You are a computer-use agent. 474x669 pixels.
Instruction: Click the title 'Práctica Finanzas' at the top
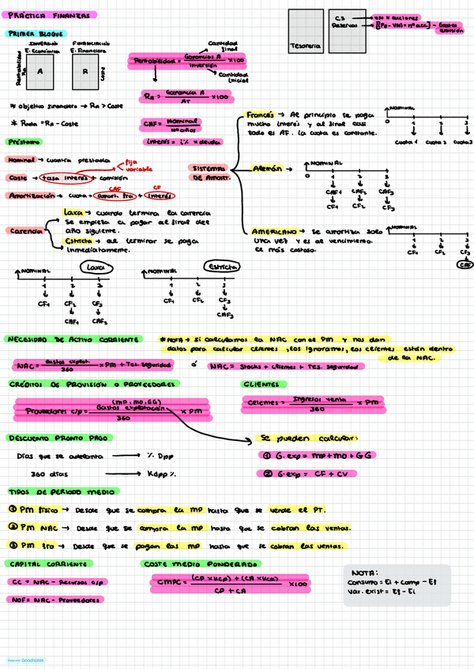[x=51, y=15]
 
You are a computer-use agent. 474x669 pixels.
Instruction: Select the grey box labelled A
[x=39, y=72]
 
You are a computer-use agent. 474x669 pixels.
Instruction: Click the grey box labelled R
[x=85, y=72]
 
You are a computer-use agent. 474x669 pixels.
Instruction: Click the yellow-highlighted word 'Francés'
[x=260, y=114]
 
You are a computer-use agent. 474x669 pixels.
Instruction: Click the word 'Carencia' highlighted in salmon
[x=27, y=230]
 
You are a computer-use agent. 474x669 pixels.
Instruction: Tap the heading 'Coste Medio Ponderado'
[x=201, y=564]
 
